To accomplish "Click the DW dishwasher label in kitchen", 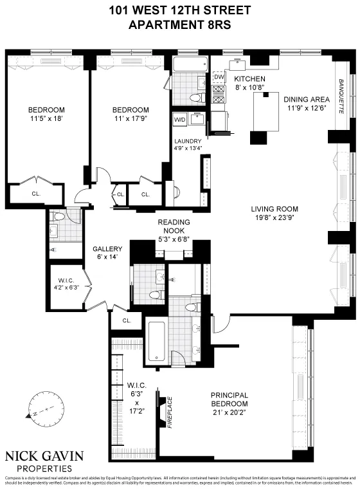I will pyautogui.click(x=218, y=77).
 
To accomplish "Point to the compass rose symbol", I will pyautogui.click(x=42, y=409).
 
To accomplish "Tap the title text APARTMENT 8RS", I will pyautogui.click(x=179, y=26).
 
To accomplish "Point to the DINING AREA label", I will pyautogui.click(x=306, y=104).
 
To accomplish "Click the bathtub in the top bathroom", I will pyautogui.click(x=189, y=66).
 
